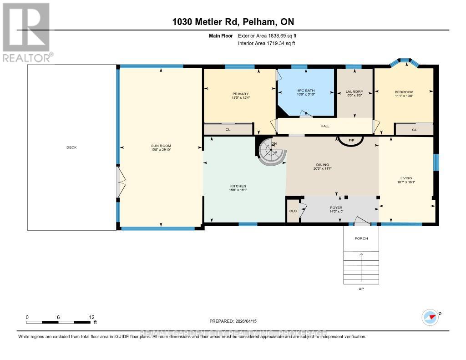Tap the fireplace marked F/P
tap(351, 140)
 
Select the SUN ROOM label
tap(161, 146)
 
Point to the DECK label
tap(72, 147)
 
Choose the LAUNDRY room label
tap(354, 92)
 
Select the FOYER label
tap(336, 208)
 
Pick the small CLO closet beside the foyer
tap(293, 211)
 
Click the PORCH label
tap(361, 238)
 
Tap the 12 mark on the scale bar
tap(91, 317)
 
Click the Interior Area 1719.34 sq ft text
tap(266, 43)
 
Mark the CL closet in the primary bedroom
tap(228, 129)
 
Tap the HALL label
tap(324, 126)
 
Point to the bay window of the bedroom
tap(404, 62)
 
